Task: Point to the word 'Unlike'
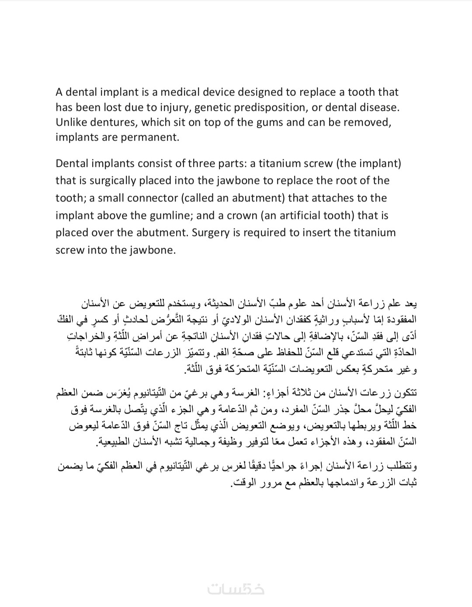tap(70, 122)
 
